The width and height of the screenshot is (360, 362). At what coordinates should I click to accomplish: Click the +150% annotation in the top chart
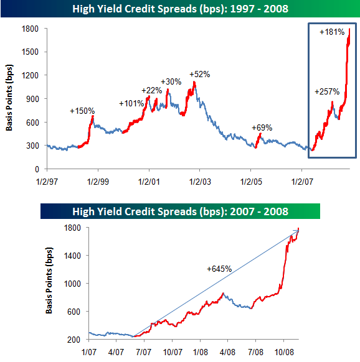82,111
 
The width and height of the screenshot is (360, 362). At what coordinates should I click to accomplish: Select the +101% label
131,103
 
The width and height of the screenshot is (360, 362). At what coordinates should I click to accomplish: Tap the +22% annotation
151,90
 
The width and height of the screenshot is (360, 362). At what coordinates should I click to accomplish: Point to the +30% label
171,81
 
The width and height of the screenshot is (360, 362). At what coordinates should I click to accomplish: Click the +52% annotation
200,74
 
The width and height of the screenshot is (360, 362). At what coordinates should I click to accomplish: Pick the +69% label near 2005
262,128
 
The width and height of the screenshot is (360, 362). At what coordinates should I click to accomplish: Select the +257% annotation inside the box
328,92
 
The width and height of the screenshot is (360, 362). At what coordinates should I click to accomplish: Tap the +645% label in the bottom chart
219,269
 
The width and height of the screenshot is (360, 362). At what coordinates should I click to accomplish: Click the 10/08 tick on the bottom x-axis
284,351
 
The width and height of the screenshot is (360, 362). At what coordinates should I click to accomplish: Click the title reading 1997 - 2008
180,9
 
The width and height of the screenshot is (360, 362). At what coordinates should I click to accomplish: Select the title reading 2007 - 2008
180,211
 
